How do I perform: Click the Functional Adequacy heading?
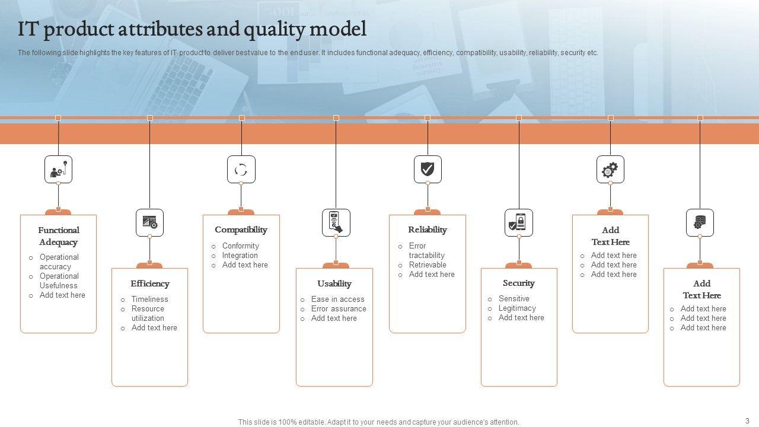pyautogui.click(x=59, y=236)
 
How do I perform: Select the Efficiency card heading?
pyautogui.click(x=150, y=283)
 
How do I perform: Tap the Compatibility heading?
pyautogui.click(x=241, y=230)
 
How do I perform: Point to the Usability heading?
pyautogui.click(x=334, y=283)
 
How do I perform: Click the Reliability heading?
pyautogui.click(x=428, y=230)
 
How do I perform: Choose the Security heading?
pyautogui.click(x=519, y=283)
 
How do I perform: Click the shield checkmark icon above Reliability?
pyautogui.click(x=428, y=170)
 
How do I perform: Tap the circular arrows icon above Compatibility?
pyautogui.click(x=241, y=170)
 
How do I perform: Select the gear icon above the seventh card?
pyautogui.click(x=610, y=170)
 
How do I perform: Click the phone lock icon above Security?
pyautogui.click(x=519, y=223)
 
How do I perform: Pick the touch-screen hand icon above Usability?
pyautogui.click(x=336, y=223)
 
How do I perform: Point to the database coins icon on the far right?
pyautogui.click(x=700, y=223)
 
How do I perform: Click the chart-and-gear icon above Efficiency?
pyautogui.click(x=149, y=223)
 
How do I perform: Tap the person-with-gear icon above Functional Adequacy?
pyautogui.click(x=58, y=170)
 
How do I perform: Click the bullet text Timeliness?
pyautogui.click(x=149, y=299)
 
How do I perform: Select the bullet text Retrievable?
pyautogui.click(x=428, y=265)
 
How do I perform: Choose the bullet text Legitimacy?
pyautogui.click(x=517, y=308)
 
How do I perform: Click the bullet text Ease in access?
pyautogui.click(x=337, y=299)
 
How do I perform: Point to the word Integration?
pyautogui.click(x=240, y=256)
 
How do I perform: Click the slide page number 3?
pyautogui.click(x=747, y=420)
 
